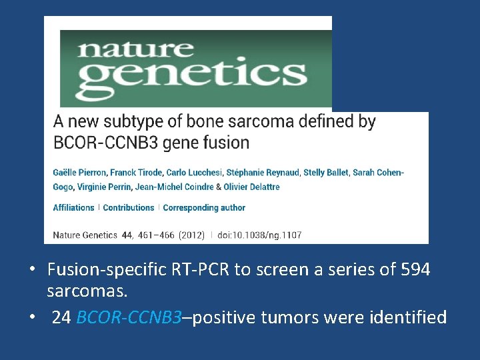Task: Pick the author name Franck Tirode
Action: click(133, 173)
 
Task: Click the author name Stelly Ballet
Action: click(325, 173)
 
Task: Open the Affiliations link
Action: click(73, 208)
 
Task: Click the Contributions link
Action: click(129, 208)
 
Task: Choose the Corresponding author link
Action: click(204, 208)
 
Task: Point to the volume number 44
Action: click(127, 235)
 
